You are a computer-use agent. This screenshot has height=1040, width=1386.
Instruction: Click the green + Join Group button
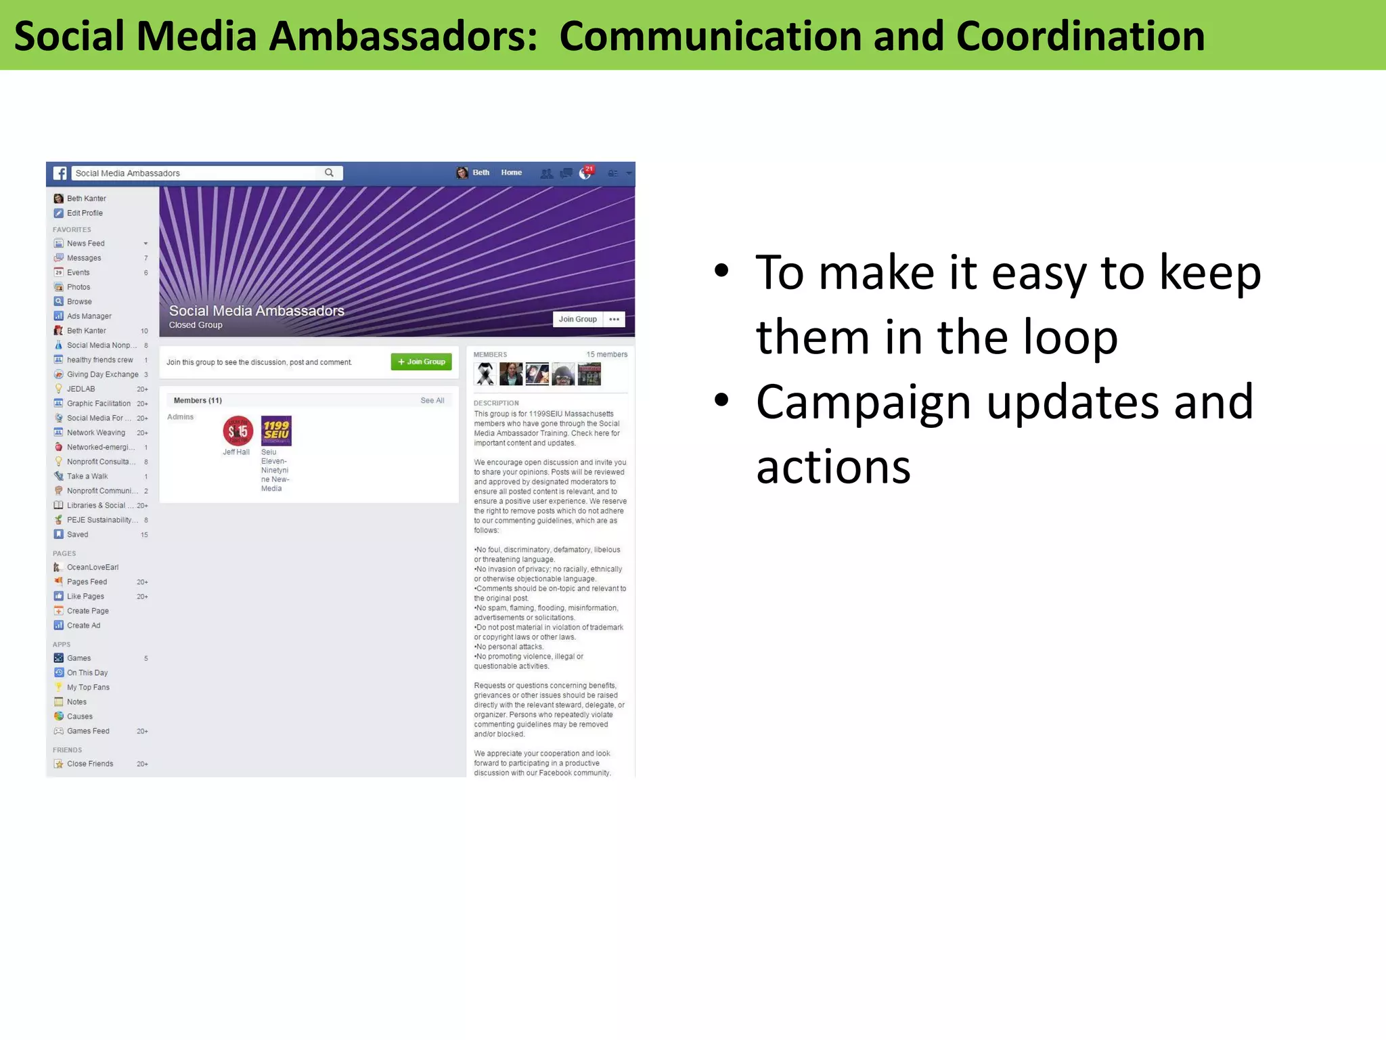click(x=421, y=362)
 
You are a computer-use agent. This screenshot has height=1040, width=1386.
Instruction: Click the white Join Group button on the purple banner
click(x=577, y=319)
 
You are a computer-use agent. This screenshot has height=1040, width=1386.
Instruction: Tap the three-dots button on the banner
click(x=614, y=319)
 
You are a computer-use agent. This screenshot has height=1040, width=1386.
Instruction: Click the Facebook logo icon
click(x=60, y=173)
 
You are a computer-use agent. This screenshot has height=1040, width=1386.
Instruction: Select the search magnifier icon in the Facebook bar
click(x=329, y=173)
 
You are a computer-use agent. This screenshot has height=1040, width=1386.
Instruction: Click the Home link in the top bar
click(x=511, y=173)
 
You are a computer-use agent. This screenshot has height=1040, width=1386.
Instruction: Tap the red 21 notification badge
click(x=589, y=169)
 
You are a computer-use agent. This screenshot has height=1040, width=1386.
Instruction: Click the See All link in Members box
click(x=432, y=400)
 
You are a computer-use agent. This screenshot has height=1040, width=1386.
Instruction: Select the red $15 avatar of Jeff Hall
click(x=238, y=431)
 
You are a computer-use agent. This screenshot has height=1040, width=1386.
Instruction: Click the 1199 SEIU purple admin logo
click(x=276, y=431)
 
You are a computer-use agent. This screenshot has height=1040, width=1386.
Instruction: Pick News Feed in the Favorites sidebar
click(x=85, y=244)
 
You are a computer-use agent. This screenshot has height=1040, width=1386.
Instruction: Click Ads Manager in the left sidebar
click(x=89, y=316)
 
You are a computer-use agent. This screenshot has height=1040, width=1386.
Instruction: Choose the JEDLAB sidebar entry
click(x=81, y=389)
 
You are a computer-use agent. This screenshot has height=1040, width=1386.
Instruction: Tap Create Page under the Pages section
click(x=87, y=611)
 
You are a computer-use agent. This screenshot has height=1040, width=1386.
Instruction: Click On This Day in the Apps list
click(x=87, y=673)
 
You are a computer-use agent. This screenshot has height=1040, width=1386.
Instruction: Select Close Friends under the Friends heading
click(x=90, y=764)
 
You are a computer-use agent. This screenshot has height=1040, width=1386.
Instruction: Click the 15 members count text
click(x=606, y=355)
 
